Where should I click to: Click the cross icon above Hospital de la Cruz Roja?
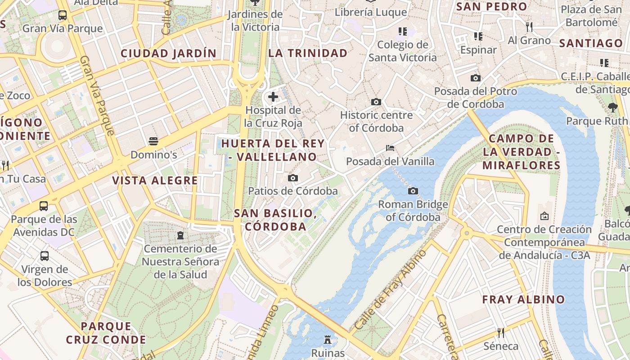(273, 96)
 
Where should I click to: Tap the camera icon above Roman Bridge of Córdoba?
(413, 191)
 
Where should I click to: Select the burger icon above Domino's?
(153, 141)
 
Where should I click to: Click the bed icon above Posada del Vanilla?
(390, 148)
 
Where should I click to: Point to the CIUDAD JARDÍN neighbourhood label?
(168, 53)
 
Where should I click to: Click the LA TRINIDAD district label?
(308, 53)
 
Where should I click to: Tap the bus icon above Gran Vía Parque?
(63, 15)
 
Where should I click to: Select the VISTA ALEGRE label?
(155, 180)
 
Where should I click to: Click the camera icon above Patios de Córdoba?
(293, 178)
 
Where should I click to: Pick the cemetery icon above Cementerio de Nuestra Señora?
(180, 235)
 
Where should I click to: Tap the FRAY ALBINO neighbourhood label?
(523, 299)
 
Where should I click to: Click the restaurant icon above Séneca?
(500, 333)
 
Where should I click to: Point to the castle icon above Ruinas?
(328, 340)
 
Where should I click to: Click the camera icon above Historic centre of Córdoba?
(376, 102)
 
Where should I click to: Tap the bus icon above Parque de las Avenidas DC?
(44, 206)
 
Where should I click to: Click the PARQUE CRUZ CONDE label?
(106, 333)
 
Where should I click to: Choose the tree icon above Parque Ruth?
(612, 107)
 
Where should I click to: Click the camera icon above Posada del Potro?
(476, 78)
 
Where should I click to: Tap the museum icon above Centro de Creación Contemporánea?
(544, 216)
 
